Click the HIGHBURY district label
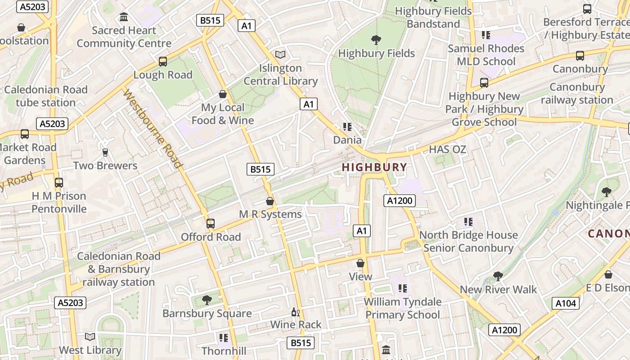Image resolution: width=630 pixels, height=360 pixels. point(374,167)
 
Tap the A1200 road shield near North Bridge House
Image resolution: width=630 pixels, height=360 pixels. point(399,201)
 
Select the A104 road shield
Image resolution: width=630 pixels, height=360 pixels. point(566,303)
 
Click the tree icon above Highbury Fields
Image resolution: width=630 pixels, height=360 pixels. point(376,40)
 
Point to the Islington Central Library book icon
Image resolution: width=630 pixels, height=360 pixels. point(280,55)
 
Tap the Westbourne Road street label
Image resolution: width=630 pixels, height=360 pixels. point(153,129)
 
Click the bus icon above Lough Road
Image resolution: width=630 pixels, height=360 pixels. point(163,62)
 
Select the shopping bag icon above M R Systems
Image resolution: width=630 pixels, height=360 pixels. point(270,201)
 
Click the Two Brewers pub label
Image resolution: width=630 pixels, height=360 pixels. point(105,166)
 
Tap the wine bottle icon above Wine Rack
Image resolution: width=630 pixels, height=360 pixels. point(296,312)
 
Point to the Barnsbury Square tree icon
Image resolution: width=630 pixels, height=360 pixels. point(207,300)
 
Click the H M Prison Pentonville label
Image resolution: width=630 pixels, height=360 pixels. point(59,202)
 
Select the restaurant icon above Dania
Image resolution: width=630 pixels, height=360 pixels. point(347,127)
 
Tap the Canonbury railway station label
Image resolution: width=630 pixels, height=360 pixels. point(577,94)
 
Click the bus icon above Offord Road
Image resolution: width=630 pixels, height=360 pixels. point(210,224)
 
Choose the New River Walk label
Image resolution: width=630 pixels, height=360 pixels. point(498,289)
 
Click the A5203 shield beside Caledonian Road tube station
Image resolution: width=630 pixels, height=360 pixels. point(52,124)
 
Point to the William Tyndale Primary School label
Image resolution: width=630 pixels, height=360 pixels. point(402,308)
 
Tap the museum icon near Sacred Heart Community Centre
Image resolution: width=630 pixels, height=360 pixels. point(124,18)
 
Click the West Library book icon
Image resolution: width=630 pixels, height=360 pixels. point(90,337)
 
